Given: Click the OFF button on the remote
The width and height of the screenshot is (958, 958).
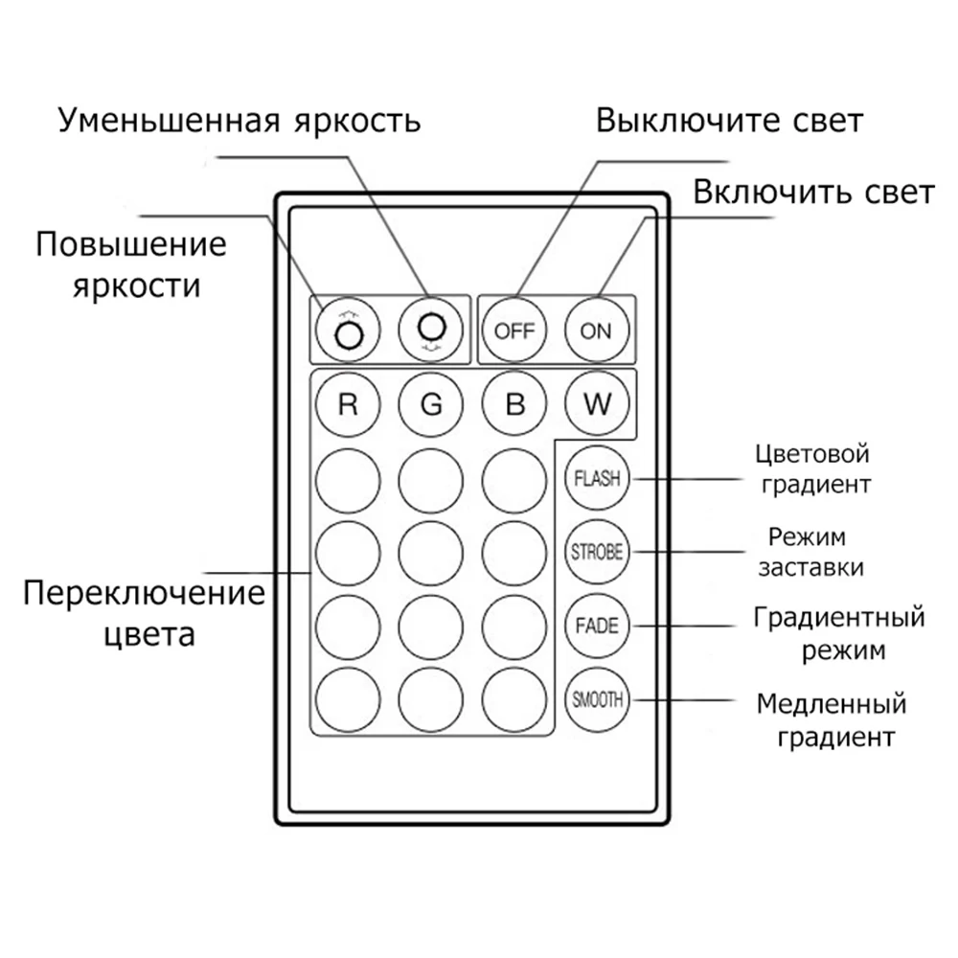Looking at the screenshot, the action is pyautogui.click(x=514, y=331).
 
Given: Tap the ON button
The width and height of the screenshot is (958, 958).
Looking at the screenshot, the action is pyautogui.click(x=596, y=331).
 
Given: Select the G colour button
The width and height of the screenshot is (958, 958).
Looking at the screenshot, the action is pyautogui.click(x=431, y=404).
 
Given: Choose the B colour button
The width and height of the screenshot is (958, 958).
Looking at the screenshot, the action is pyautogui.click(x=514, y=404).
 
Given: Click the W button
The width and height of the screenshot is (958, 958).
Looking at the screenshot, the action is pyautogui.click(x=597, y=404).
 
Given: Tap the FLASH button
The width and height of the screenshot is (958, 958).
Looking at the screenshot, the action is pyautogui.click(x=596, y=478).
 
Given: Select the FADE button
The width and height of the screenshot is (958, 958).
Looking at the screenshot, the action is pyautogui.click(x=596, y=627).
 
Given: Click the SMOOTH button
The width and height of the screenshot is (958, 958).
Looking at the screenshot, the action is pyautogui.click(x=596, y=700).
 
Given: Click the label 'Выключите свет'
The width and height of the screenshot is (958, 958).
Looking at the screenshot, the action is pyautogui.click(x=729, y=122).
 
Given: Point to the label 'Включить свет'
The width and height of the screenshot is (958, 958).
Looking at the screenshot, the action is pyautogui.click(x=813, y=193).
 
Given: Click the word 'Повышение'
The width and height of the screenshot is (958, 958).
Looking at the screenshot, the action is pyautogui.click(x=131, y=244).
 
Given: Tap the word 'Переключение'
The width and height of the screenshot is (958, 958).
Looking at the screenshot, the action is pyautogui.click(x=145, y=592).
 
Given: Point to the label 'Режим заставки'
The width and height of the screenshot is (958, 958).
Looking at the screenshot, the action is pyautogui.click(x=810, y=551).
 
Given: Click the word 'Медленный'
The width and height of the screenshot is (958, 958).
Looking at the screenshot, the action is pyautogui.click(x=831, y=706).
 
